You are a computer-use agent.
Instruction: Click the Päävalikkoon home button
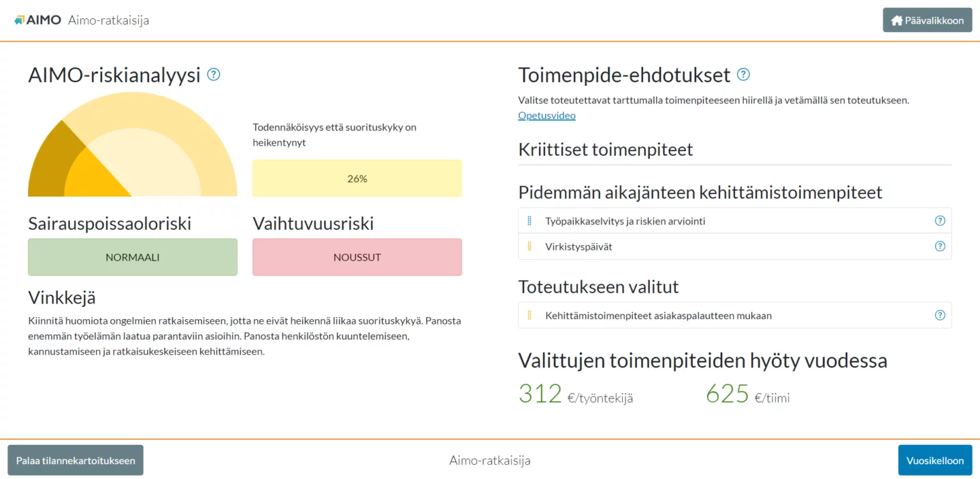[x=927, y=20]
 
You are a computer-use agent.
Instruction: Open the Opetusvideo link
[x=546, y=116]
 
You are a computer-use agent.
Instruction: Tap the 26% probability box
[x=357, y=178]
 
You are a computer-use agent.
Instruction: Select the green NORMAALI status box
[x=133, y=257]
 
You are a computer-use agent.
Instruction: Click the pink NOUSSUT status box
[x=357, y=257]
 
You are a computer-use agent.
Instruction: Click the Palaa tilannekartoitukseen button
[x=76, y=460]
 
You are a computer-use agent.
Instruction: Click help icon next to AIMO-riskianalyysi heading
[x=214, y=74]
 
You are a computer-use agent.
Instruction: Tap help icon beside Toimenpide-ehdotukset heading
[x=743, y=74]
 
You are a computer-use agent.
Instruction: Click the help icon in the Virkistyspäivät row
[x=940, y=246]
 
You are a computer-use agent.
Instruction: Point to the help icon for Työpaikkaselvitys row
[x=940, y=221]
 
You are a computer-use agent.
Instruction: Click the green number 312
[x=540, y=393]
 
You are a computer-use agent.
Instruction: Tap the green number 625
[x=727, y=393]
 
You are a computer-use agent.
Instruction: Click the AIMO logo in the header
[x=37, y=20]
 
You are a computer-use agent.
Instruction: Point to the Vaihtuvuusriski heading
[x=313, y=224]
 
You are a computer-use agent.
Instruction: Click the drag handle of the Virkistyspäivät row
[x=529, y=246]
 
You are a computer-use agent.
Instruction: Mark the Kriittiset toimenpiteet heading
[x=606, y=150]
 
